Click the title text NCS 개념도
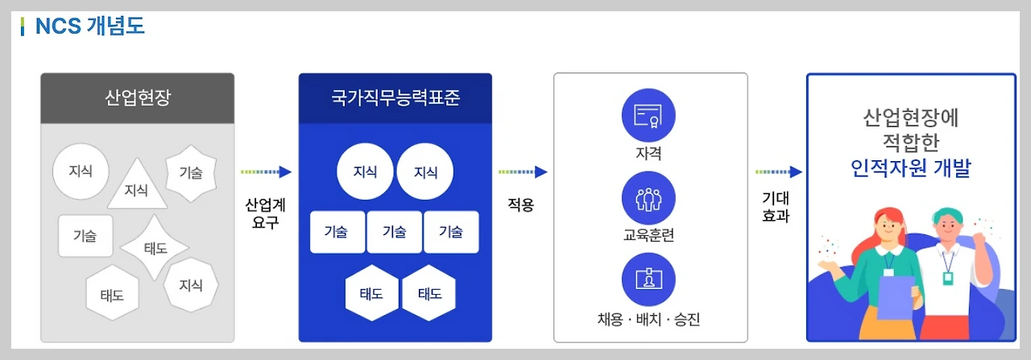tap(89, 26)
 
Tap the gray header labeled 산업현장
tap(138, 98)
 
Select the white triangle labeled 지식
tap(137, 187)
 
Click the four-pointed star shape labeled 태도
tap(155, 247)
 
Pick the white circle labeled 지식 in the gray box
tap(81, 172)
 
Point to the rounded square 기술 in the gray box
tap(85, 236)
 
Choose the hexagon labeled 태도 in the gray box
tap(112, 294)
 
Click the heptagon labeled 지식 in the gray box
tap(191, 285)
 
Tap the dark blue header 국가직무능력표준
tap(395, 98)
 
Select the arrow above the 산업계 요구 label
tap(266, 172)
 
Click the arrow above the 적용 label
tap(523, 172)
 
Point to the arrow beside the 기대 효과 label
tap(779, 172)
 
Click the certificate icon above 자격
tap(648, 116)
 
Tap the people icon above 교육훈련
tap(648, 198)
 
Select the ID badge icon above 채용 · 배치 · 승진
tap(648, 279)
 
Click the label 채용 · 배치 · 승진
tap(648, 320)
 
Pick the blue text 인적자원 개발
tap(911, 169)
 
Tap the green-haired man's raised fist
tap(980, 241)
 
